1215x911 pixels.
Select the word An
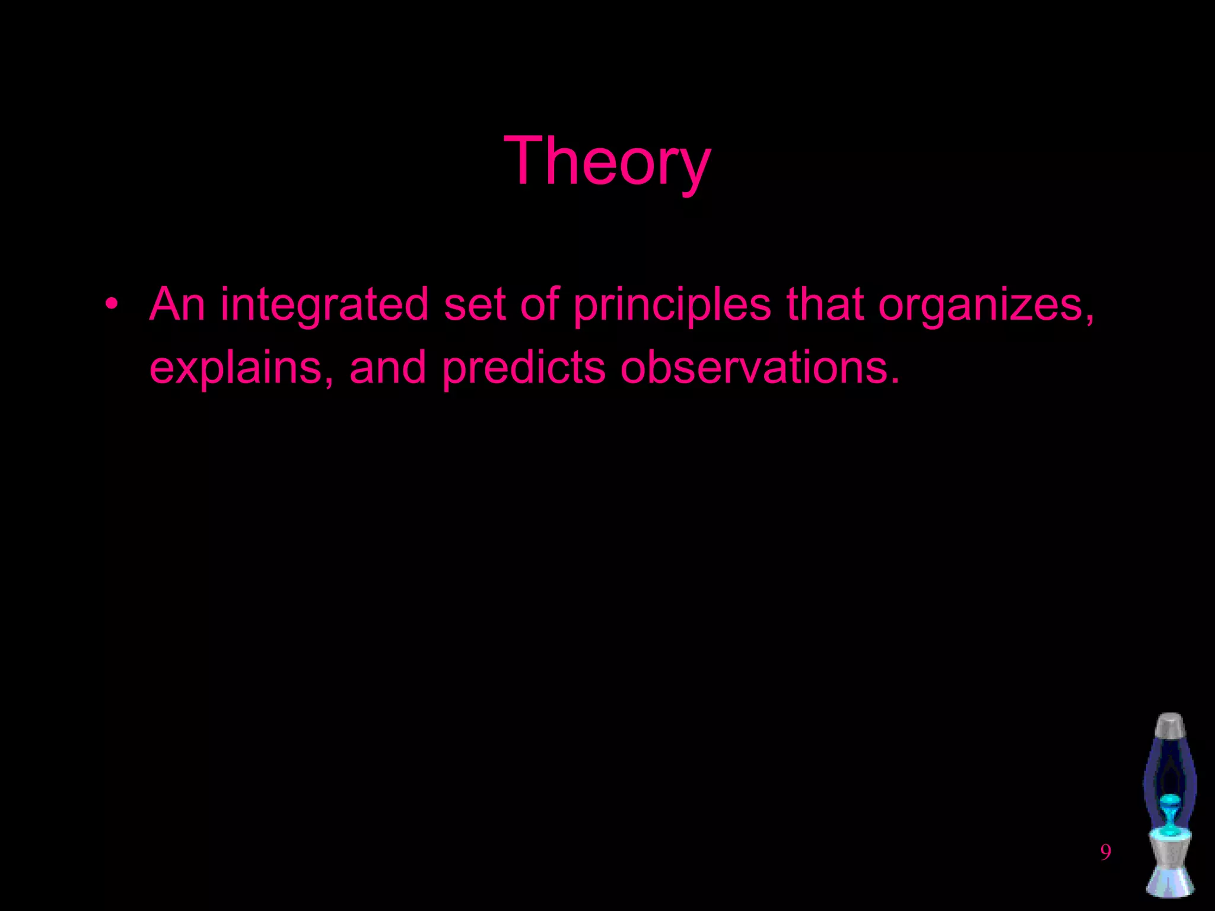[177, 304]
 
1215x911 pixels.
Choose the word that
[825, 304]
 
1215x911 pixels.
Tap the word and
[387, 367]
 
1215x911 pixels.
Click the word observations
[759, 367]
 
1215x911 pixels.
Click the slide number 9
[1105, 852]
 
